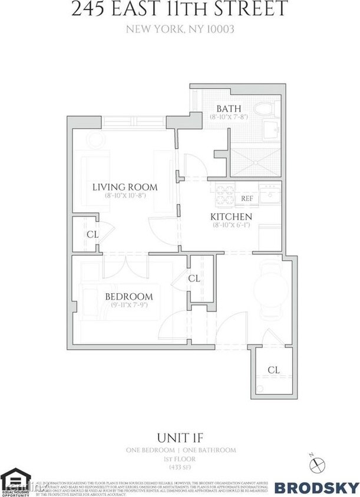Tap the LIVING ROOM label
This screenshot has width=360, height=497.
coord(124,187)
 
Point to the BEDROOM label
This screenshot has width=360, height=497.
coord(129,296)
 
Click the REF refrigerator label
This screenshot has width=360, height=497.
coord(247,198)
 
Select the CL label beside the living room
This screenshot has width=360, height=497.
coord(92,234)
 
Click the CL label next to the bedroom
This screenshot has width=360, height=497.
coord(194,279)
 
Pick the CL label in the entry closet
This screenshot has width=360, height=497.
coord(273,370)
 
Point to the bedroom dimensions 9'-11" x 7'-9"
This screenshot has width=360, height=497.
coord(129,305)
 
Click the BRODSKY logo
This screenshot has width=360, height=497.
coord(317,488)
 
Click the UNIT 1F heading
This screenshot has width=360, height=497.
coord(180,438)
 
